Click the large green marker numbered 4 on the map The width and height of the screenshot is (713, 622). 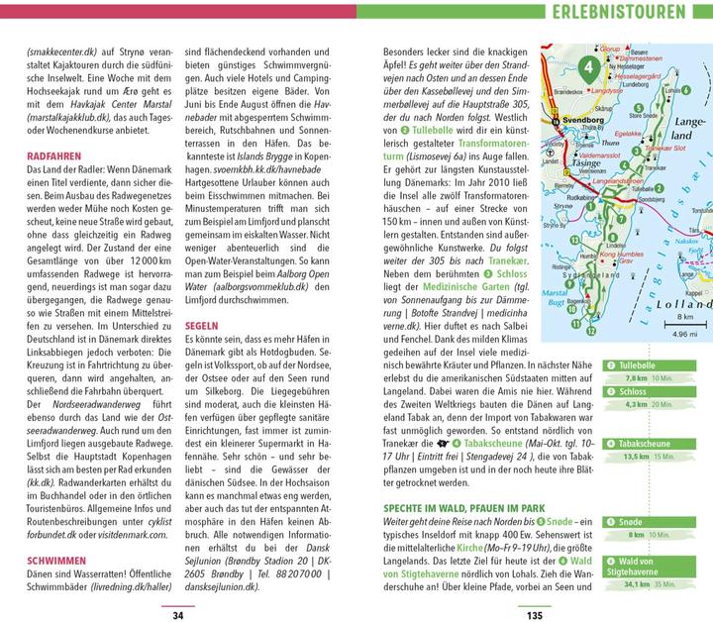[x=590, y=68]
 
